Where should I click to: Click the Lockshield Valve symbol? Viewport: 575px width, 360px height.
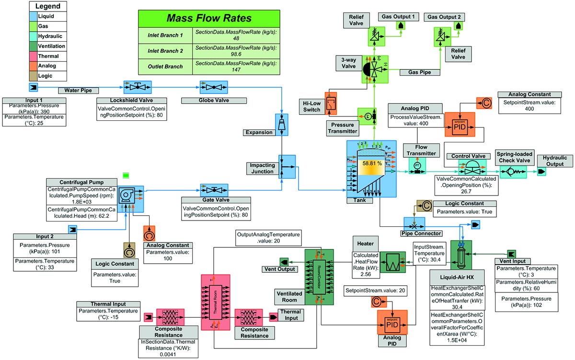[138, 87]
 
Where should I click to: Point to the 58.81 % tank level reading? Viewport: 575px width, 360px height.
[371, 163]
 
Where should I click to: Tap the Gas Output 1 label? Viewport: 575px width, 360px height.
[401, 17]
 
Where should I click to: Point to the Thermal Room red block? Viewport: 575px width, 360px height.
[216, 302]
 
